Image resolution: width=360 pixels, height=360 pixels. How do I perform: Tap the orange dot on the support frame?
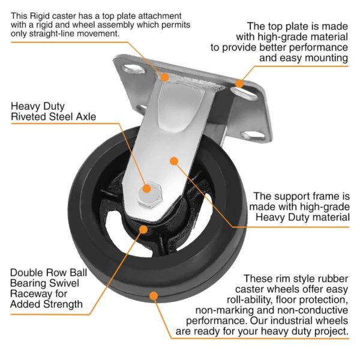click(x=174, y=161)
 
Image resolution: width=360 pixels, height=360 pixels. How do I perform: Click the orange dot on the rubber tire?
click(x=155, y=295)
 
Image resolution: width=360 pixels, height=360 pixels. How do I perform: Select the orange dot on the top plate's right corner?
click(x=240, y=83)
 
